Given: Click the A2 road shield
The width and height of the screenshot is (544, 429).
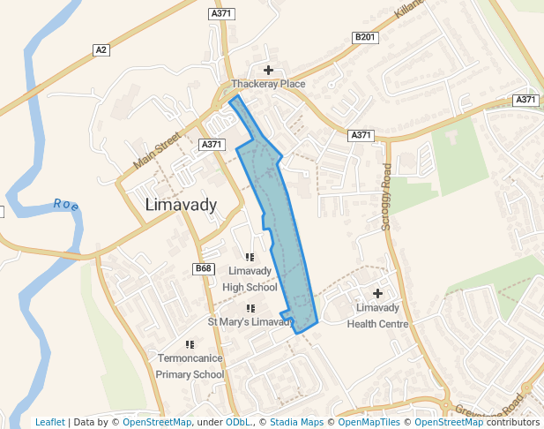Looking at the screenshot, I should coord(101,50).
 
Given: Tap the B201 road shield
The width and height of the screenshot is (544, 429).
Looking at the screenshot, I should coord(363,37).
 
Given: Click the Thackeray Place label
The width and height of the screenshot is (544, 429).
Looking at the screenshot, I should coord(268,84).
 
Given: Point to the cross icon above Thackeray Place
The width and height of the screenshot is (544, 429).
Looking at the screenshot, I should coord(268,70).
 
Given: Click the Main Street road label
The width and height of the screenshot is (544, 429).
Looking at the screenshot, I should coord(156,150).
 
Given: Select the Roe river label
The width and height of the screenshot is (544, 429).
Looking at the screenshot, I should coord(66,204).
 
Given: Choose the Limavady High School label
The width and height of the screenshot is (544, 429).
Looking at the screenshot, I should coord(250,278).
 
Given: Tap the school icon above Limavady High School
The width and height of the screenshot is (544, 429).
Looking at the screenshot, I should coord(250,257).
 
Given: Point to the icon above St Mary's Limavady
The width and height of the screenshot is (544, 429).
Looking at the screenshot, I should coord(250,308).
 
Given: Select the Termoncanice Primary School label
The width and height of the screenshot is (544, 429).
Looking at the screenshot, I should coord(190,366).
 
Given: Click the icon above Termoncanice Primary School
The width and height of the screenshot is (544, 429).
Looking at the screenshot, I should coord(190,344).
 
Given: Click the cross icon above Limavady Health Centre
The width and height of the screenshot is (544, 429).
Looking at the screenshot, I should coord(378,293).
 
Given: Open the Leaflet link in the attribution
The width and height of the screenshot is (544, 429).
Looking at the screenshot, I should coord(50,422).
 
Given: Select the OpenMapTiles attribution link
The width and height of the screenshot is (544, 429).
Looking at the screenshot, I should coord(369,422).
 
